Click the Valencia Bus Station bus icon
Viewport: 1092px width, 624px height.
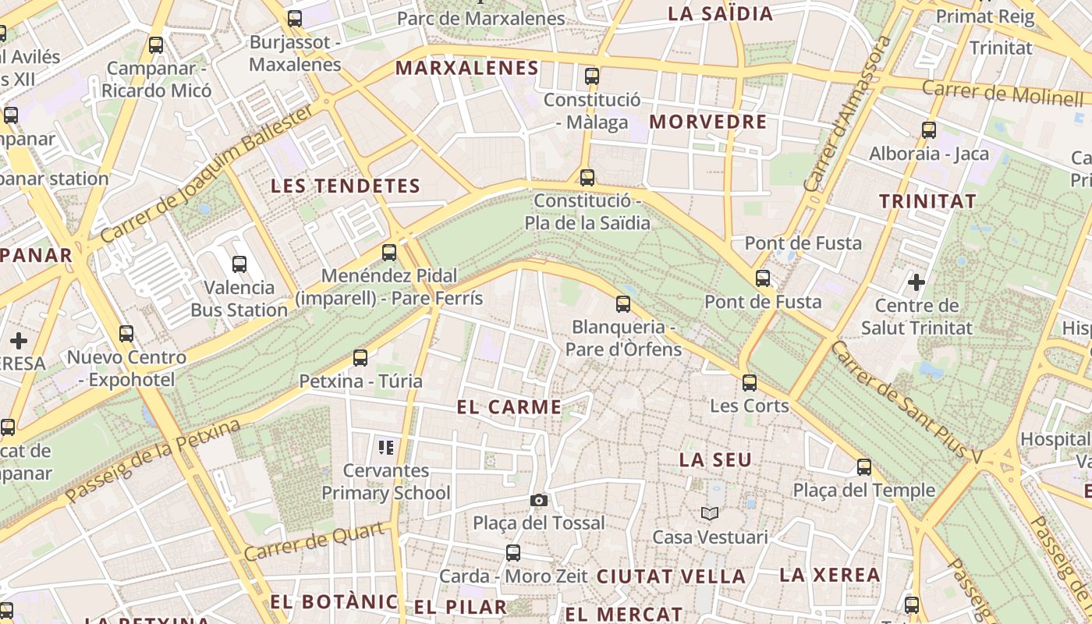point(239,264)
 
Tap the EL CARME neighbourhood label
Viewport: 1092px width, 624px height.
point(509,407)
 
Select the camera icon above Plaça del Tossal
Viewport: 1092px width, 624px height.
point(538,501)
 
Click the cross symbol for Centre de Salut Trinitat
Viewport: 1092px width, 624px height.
point(916,282)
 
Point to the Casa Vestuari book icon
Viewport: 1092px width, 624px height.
point(710,513)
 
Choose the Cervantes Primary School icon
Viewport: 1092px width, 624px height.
point(385,448)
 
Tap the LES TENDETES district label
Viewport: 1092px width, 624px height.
point(346,186)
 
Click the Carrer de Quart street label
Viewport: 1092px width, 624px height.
point(316,541)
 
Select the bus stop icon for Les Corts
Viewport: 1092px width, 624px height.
point(750,383)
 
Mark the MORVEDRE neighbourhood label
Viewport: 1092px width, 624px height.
point(708,122)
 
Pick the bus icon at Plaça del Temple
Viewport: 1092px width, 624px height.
point(864,467)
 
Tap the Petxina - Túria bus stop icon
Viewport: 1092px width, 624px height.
point(360,358)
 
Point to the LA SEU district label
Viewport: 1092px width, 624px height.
point(715,460)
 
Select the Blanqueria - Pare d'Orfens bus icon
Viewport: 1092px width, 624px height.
point(623,304)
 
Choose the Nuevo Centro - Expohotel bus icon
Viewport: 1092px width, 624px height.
point(126,335)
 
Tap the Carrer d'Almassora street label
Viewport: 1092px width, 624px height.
point(848,113)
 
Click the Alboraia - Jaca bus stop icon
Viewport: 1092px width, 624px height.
point(929,130)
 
